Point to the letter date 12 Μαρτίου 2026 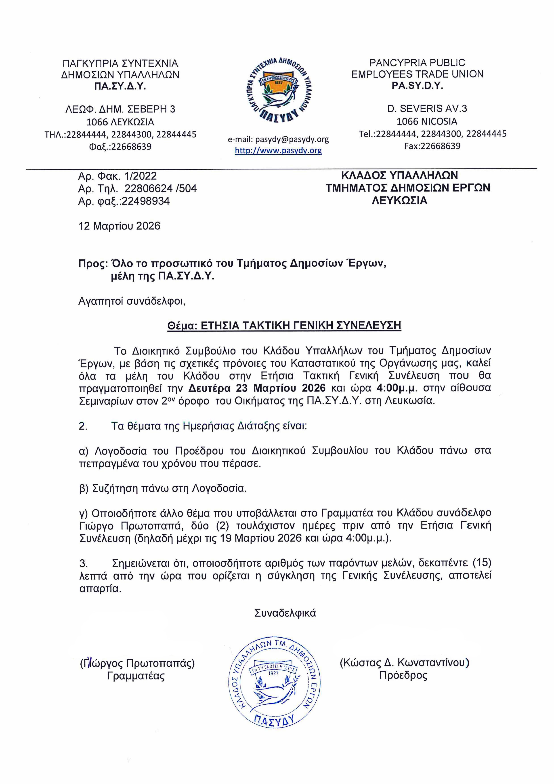[x=120, y=226]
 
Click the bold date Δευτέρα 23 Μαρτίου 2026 [x=257, y=388]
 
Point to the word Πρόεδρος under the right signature [x=403, y=675]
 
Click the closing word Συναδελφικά [x=285, y=613]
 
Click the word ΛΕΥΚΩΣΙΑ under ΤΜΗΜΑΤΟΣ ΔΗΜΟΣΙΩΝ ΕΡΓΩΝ [x=399, y=200]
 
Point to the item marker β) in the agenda [x=84, y=489]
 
